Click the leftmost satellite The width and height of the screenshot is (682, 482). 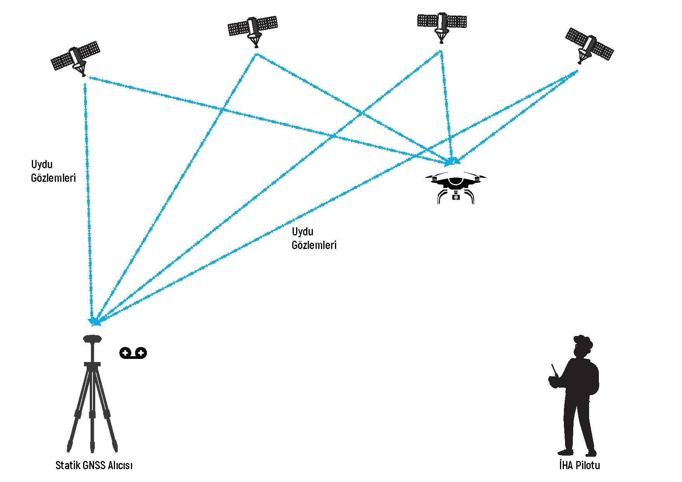(x=76, y=58)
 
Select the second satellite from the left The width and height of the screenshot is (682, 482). (x=253, y=29)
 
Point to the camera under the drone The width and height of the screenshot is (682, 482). (x=456, y=197)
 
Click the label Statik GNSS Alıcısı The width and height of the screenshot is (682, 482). (x=94, y=465)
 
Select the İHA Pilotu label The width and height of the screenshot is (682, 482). (x=579, y=465)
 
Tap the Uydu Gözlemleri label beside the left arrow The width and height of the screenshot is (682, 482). (x=53, y=171)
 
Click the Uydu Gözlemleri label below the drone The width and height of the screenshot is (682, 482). (x=314, y=238)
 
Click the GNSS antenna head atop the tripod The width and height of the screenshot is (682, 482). (x=92, y=339)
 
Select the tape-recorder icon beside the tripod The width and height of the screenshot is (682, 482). (x=133, y=353)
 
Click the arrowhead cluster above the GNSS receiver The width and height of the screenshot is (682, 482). (x=94, y=321)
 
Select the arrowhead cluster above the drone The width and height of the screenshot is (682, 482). (x=453, y=161)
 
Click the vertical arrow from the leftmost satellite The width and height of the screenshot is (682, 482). (x=88, y=194)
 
